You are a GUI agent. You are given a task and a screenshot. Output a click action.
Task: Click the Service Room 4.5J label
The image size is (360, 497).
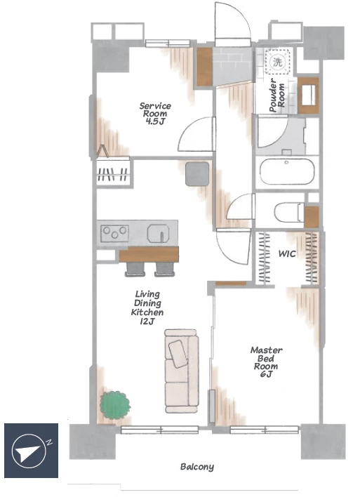(x=155, y=114)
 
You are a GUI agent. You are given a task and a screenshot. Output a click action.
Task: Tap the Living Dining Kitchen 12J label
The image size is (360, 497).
(x=147, y=307)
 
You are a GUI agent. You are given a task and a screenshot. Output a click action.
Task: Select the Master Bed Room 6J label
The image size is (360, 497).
(x=266, y=362)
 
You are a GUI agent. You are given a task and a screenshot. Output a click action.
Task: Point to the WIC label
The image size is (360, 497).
(x=287, y=253)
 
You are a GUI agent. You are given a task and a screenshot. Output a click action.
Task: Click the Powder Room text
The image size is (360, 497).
(x=277, y=95)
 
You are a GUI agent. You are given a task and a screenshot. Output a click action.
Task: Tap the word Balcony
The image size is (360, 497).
(x=197, y=467)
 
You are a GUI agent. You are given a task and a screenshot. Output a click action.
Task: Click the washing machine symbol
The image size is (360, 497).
(x=277, y=62)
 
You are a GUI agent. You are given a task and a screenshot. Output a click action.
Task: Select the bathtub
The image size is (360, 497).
(x=287, y=171)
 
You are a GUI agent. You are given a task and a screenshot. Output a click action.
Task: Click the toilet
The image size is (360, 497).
(x=289, y=213)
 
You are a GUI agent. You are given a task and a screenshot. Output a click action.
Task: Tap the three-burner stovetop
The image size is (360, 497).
(x=114, y=233)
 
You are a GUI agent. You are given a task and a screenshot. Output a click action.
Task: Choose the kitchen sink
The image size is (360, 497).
(x=158, y=233)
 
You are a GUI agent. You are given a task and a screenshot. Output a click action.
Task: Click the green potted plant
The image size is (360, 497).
(x=115, y=405)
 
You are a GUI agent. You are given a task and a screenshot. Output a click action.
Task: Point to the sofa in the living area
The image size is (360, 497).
(x=182, y=371)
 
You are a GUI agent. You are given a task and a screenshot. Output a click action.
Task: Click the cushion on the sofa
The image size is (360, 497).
(x=178, y=354)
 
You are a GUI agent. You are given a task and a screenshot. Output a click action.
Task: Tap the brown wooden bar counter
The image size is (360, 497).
(x=149, y=254)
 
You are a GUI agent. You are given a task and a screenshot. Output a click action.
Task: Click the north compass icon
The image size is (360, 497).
(x=31, y=450)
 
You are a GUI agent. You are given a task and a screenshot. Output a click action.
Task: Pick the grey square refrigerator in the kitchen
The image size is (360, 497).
(x=197, y=173)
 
